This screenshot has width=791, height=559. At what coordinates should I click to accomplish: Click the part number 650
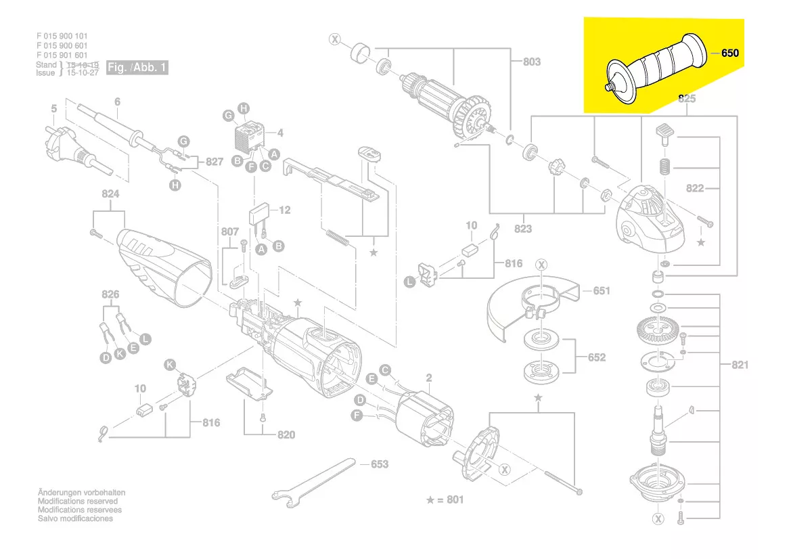click(730, 53)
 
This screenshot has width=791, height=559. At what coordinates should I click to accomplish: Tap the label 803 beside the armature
click(532, 62)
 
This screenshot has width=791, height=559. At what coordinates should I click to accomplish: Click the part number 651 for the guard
click(602, 291)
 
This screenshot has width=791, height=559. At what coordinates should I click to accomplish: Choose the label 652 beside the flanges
click(596, 357)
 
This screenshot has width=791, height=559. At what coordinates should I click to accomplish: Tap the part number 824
click(110, 194)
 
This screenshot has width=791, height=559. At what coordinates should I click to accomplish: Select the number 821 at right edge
click(740, 365)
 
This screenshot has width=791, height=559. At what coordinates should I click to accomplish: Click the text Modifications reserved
click(77, 501)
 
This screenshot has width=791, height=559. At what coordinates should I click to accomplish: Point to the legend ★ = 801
click(445, 500)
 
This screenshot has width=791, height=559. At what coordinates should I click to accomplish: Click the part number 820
click(286, 434)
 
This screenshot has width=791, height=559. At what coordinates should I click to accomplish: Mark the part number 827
click(214, 162)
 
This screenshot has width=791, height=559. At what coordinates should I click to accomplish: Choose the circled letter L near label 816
click(410, 282)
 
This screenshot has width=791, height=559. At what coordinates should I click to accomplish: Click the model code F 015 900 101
click(62, 36)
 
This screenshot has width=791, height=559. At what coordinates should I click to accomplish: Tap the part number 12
click(285, 210)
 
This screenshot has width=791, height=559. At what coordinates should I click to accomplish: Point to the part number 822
click(713, 189)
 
